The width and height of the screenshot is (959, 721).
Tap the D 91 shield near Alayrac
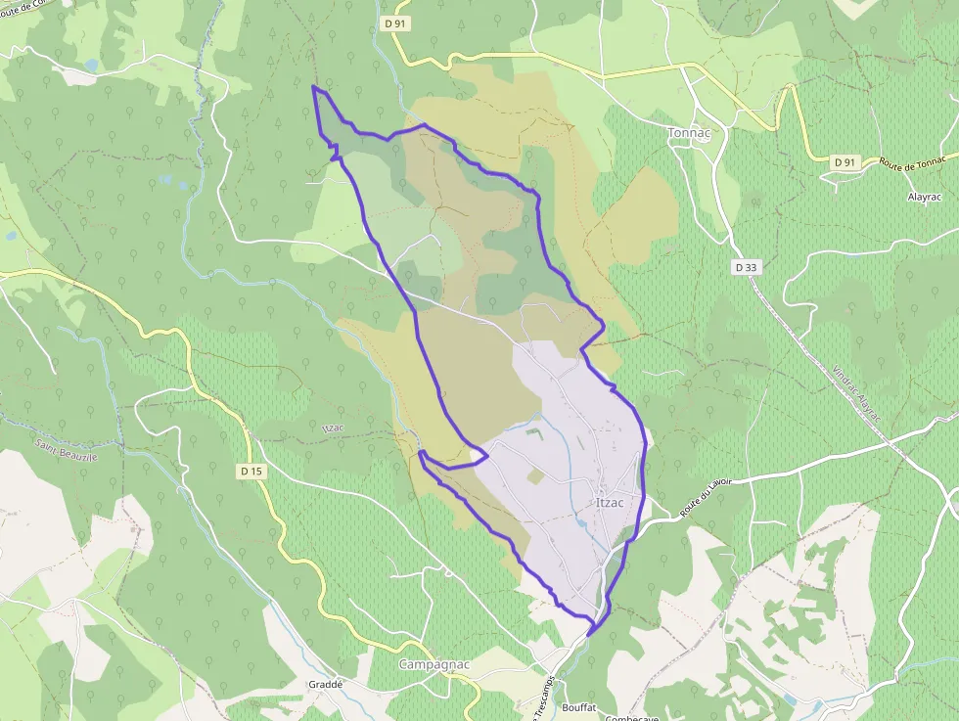point(845,161)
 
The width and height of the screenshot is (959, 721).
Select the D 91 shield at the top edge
point(394,23)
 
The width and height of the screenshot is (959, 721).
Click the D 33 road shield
point(746,267)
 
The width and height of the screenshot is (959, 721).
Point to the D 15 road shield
point(251,472)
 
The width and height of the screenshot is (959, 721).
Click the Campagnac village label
point(434,665)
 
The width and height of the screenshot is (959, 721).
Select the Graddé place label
point(326,685)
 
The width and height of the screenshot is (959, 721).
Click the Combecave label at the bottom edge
point(632,717)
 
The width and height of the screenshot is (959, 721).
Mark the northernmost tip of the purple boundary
point(313,87)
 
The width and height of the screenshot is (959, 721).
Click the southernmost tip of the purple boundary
point(590,635)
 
